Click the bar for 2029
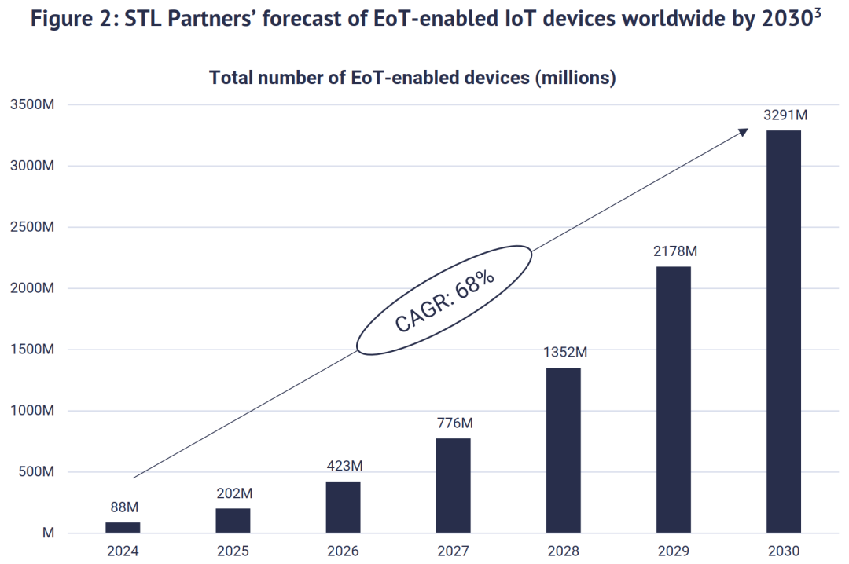pyautogui.click(x=674, y=400)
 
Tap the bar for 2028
pyautogui.click(x=564, y=450)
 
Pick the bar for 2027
pyautogui.click(x=454, y=485)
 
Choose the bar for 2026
pyautogui.click(x=344, y=507)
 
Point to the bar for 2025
pyautogui.click(x=233, y=521)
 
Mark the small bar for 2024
pyautogui.click(x=123, y=528)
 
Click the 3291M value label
pyautogui.click(x=785, y=115)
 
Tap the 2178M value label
pyautogui.click(x=675, y=252)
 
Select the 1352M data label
pyautogui.click(x=565, y=353)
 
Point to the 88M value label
pyautogui.click(x=123, y=507)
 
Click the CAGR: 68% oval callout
pyautogui.click(x=444, y=299)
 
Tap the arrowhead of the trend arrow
pyautogui.click(x=744, y=133)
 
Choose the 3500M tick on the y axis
pyautogui.click(x=31, y=104)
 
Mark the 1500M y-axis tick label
pyautogui.click(x=31, y=350)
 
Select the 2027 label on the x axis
pyautogui.click(x=454, y=551)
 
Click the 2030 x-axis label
pyautogui.click(x=783, y=551)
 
